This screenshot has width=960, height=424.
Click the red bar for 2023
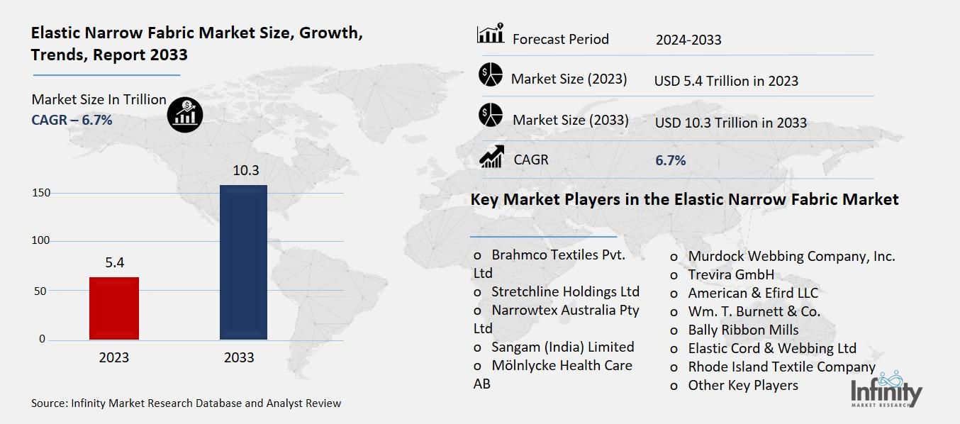(x=114, y=308)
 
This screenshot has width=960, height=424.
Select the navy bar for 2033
(x=243, y=262)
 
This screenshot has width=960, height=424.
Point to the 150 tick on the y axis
(x=41, y=193)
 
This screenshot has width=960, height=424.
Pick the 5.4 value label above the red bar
(x=114, y=263)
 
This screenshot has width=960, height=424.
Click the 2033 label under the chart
(x=239, y=357)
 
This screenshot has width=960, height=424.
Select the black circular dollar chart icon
(x=185, y=113)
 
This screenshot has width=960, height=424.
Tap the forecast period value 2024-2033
(x=688, y=40)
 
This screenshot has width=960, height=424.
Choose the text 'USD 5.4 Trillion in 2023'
(x=726, y=81)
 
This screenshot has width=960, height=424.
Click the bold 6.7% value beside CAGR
(x=670, y=160)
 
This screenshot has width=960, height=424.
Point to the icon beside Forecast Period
(x=491, y=34)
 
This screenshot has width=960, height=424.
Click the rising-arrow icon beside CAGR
(x=491, y=157)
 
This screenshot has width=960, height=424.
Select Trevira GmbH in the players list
(x=730, y=274)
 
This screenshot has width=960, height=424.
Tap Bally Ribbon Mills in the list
(x=743, y=330)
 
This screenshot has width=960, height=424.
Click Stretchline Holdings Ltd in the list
(x=565, y=291)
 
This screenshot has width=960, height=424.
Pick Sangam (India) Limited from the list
(x=562, y=347)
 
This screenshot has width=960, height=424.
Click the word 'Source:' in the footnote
(x=50, y=403)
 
